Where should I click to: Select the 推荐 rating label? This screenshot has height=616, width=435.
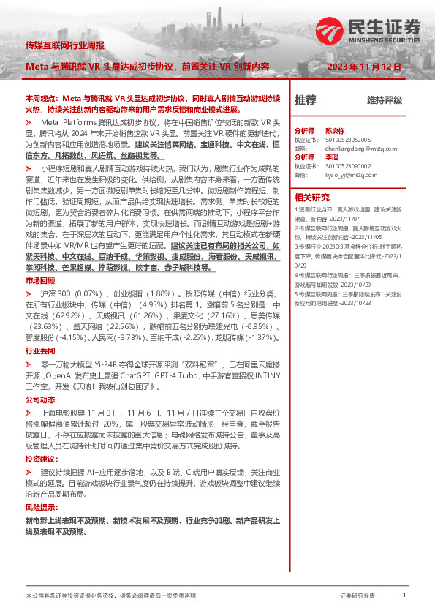pyautogui.click(x=305, y=99)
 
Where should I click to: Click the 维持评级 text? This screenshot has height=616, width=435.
pyautogui.click(x=385, y=100)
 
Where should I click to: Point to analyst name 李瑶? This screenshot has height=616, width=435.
pyautogui.click(x=331, y=157)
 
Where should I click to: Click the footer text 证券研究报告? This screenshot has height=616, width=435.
pyautogui.click(x=358, y=596)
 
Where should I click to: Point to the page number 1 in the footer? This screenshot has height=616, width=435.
pyautogui.click(x=404, y=596)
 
